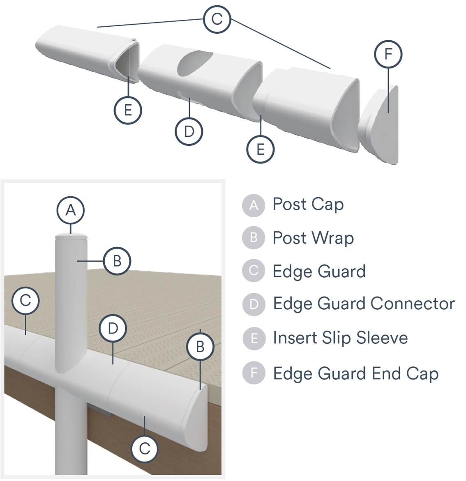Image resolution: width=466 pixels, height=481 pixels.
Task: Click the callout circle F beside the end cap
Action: click(x=388, y=54)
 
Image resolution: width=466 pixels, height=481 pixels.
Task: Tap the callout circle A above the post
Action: click(x=71, y=210)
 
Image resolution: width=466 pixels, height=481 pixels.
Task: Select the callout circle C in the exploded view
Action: click(x=217, y=19)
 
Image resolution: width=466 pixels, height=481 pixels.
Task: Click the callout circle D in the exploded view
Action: click(x=189, y=131)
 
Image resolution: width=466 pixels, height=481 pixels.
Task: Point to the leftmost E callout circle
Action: click(x=127, y=110)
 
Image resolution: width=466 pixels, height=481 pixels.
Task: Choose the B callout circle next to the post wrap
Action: click(x=117, y=261)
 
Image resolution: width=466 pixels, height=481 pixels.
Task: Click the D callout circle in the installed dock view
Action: click(x=113, y=328)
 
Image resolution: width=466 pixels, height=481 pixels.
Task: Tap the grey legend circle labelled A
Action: click(x=254, y=205)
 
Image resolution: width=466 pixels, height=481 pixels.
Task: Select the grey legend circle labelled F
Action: click(x=254, y=373)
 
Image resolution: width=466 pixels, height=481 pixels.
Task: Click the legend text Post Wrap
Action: click(x=313, y=238)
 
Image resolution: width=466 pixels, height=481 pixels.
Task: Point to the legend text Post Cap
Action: click(x=308, y=205)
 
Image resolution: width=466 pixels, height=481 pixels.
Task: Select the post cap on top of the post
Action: click(x=71, y=236)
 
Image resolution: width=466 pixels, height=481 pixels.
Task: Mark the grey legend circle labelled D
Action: click(x=254, y=304)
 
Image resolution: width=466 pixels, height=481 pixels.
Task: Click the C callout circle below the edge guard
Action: click(x=145, y=449)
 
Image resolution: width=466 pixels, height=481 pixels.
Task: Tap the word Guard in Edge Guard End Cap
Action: click(x=346, y=374)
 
